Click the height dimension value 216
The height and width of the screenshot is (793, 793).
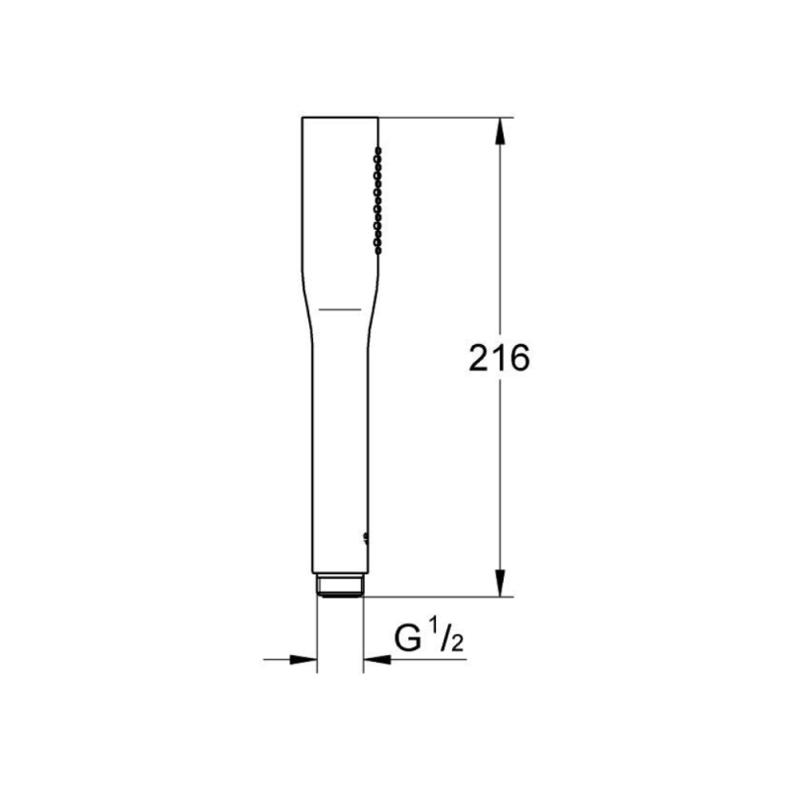[x=499, y=358]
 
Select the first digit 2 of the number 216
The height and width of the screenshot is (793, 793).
[x=480, y=358]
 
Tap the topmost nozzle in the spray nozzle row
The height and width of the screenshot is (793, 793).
[x=376, y=150]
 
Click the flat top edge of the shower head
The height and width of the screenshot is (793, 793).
[x=339, y=118]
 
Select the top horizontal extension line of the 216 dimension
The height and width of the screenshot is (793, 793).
[x=446, y=118]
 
